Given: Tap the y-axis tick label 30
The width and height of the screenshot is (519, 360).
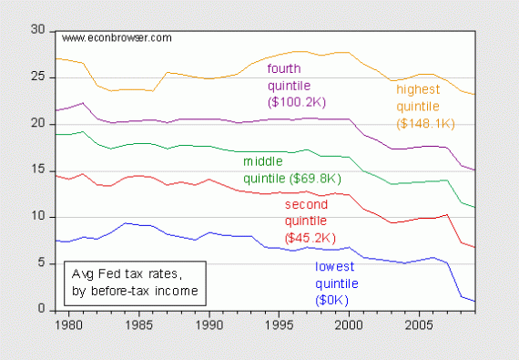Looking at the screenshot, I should click(37, 30).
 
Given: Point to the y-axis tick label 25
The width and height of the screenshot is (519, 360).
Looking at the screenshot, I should click(37, 77).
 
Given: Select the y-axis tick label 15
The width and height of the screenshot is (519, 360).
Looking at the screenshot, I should click(37, 170).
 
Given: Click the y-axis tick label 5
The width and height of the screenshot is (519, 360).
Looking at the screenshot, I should click(41, 263).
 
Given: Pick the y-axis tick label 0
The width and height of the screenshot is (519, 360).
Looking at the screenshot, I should click(41, 310).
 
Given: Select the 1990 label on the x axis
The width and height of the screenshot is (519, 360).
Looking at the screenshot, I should click(209, 324).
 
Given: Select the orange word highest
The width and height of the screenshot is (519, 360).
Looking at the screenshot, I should click(420, 89).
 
